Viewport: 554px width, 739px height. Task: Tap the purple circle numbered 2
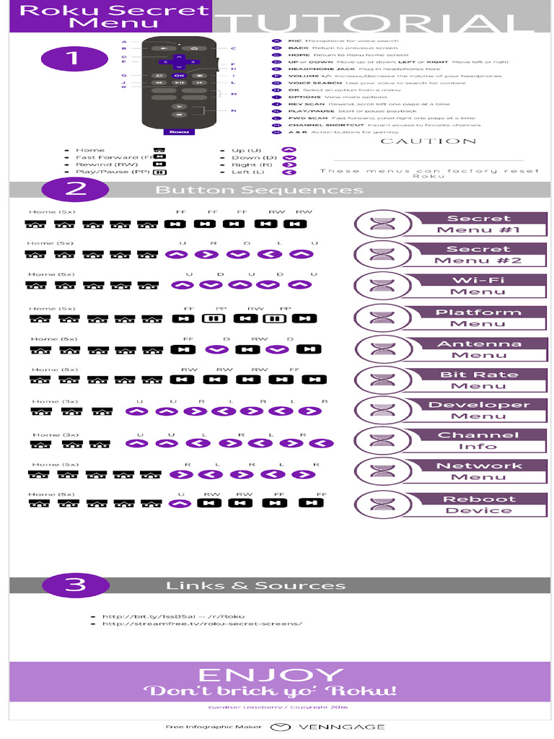pyautogui.click(x=75, y=190)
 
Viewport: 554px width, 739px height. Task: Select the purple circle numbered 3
pyautogui.click(x=75, y=585)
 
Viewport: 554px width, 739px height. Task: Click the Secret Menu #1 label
pyautogui.click(x=478, y=224)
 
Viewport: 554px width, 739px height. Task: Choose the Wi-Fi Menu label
pyautogui.click(x=478, y=286)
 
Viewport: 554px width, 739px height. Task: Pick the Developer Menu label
pyautogui.click(x=478, y=410)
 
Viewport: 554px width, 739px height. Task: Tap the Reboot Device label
pyautogui.click(x=478, y=504)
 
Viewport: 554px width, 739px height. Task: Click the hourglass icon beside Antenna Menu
pyautogui.click(x=380, y=348)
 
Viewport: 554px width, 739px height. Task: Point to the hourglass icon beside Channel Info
pyautogui.click(x=380, y=441)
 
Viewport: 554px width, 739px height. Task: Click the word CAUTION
pyautogui.click(x=428, y=141)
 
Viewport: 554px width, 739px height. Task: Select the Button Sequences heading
pyautogui.click(x=259, y=190)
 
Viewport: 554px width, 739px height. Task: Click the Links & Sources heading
pyautogui.click(x=255, y=585)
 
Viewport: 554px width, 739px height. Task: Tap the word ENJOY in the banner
pyautogui.click(x=270, y=675)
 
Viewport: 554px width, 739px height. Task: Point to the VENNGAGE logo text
pyautogui.click(x=342, y=727)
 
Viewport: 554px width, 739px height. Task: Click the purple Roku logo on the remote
pyautogui.click(x=177, y=132)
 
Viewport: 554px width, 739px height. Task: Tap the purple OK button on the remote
pyautogui.click(x=179, y=75)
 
